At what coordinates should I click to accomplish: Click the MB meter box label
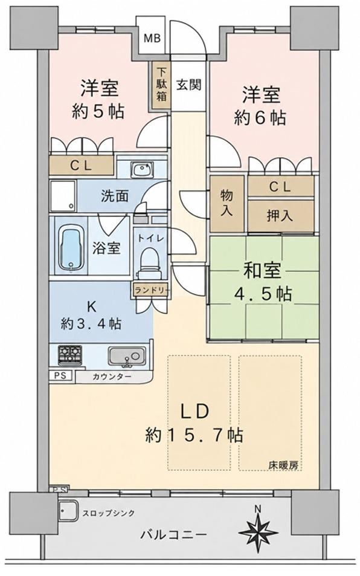[x=152, y=38]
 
